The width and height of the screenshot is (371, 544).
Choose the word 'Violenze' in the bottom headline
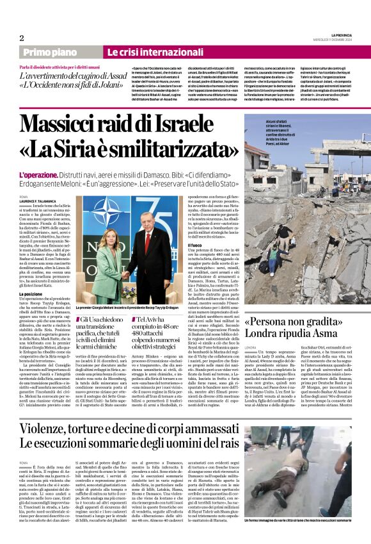pyautogui.click(x=48, y=427)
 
